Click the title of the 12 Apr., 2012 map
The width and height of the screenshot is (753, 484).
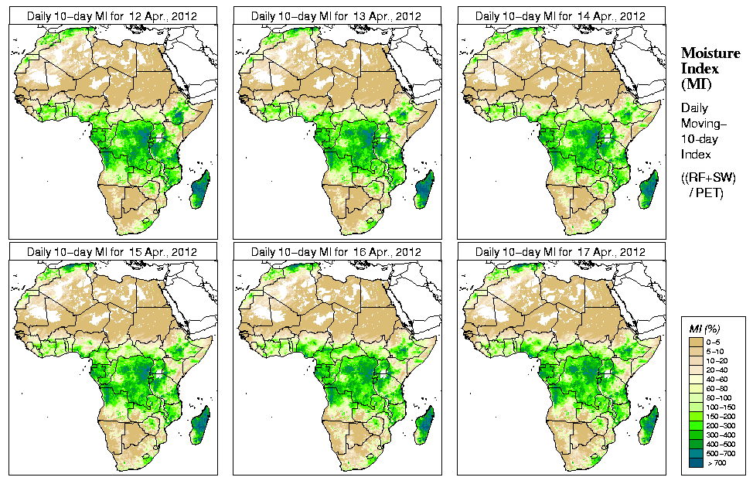pyautogui.click(x=112, y=15)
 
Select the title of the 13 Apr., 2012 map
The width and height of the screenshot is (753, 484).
pyautogui.click(x=336, y=15)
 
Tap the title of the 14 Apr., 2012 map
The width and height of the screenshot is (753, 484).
pyautogui.click(x=560, y=15)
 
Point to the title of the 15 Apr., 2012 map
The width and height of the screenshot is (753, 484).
pyautogui.click(x=112, y=252)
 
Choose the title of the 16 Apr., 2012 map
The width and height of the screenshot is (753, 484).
pyautogui.click(x=336, y=252)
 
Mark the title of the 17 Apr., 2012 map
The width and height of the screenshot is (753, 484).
pyautogui.click(x=560, y=252)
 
